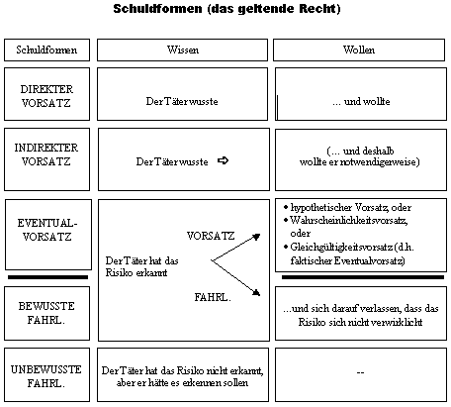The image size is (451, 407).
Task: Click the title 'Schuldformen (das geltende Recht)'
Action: click(x=226, y=9)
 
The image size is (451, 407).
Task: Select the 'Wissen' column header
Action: click(x=183, y=50)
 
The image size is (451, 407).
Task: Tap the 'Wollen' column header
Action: click(x=359, y=50)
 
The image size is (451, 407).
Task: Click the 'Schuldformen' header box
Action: click(x=46, y=50)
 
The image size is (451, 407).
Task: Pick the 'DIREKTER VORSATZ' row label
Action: click(x=46, y=96)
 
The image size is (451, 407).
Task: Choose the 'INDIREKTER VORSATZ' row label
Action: click(x=46, y=154)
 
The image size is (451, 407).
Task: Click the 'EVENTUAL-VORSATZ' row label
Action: click(x=47, y=230)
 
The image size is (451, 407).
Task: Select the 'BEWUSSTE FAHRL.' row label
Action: click(x=46, y=313)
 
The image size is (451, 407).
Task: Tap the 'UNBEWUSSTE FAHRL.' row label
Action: click(x=46, y=376)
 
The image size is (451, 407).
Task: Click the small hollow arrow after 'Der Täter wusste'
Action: click(x=224, y=160)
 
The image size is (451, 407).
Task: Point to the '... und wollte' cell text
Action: click(x=361, y=101)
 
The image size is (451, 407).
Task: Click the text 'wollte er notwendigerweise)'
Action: click(x=360, y=162)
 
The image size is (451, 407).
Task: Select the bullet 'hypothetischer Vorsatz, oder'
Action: click(x=347, y=208)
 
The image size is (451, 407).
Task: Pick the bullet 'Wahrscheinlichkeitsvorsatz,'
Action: click(x=345, y=220)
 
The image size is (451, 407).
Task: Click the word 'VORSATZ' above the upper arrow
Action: click(x=211, y=236)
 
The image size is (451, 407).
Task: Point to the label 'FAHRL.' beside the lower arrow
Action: click(x=213, y=297)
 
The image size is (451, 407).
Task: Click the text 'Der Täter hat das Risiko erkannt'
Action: click(x=141, y=266)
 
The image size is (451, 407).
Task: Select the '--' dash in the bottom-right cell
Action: click(x=360, y=372)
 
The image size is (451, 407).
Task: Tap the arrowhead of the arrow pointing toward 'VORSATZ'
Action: click(x=257, y=237)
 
